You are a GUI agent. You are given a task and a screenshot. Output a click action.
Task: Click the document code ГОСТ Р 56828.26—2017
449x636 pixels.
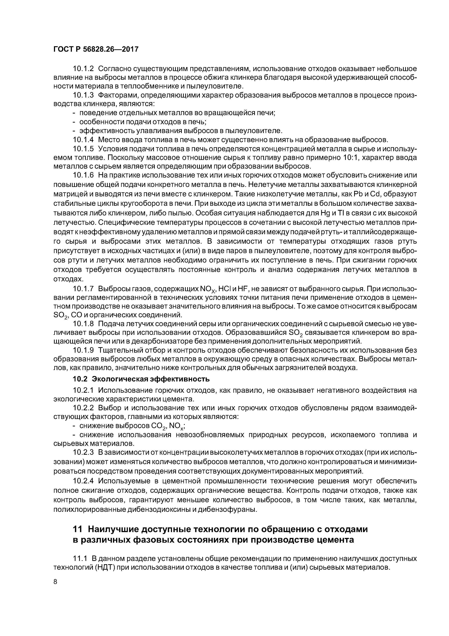tap(95, 49)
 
